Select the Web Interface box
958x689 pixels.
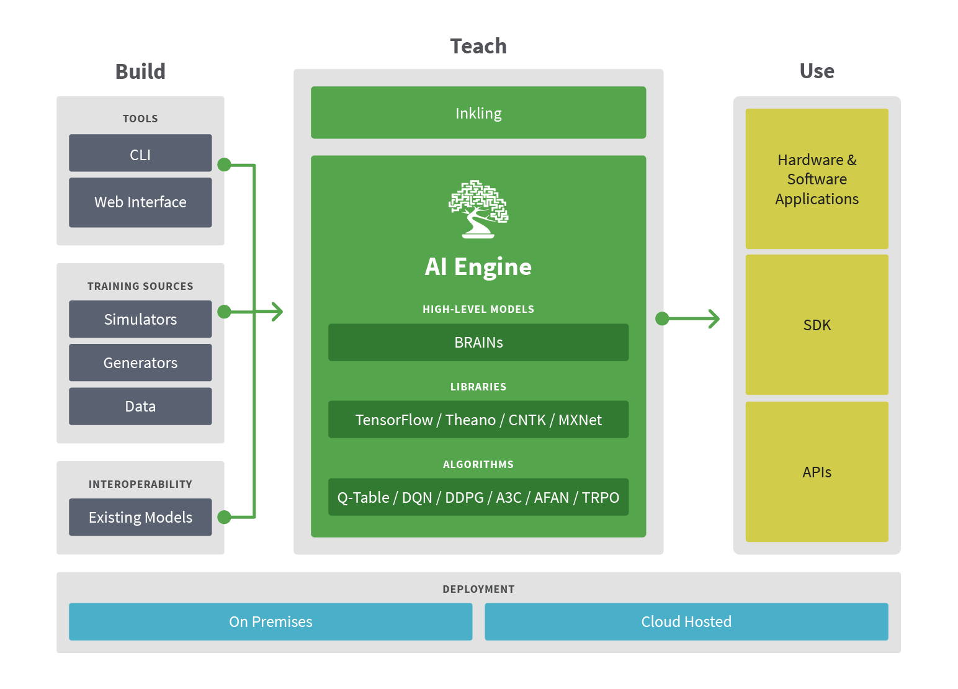140,202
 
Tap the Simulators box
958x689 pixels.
140,319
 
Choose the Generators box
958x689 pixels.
140,363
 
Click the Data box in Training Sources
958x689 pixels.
140,407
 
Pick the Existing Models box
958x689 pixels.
140,517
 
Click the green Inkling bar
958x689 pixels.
478,113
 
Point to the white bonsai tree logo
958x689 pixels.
478,209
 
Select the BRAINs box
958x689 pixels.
478,343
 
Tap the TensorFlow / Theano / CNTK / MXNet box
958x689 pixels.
478,420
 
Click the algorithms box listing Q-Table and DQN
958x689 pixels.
478,497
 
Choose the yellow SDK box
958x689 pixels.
817,325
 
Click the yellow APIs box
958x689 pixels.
817,472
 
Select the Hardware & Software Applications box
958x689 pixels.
817,179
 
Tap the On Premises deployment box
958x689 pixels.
271,621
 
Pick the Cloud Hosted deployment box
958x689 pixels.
686,621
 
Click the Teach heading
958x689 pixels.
478,46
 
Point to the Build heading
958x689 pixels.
140,71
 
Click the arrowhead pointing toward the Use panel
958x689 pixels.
715,319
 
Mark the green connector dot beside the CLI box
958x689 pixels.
225,164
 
